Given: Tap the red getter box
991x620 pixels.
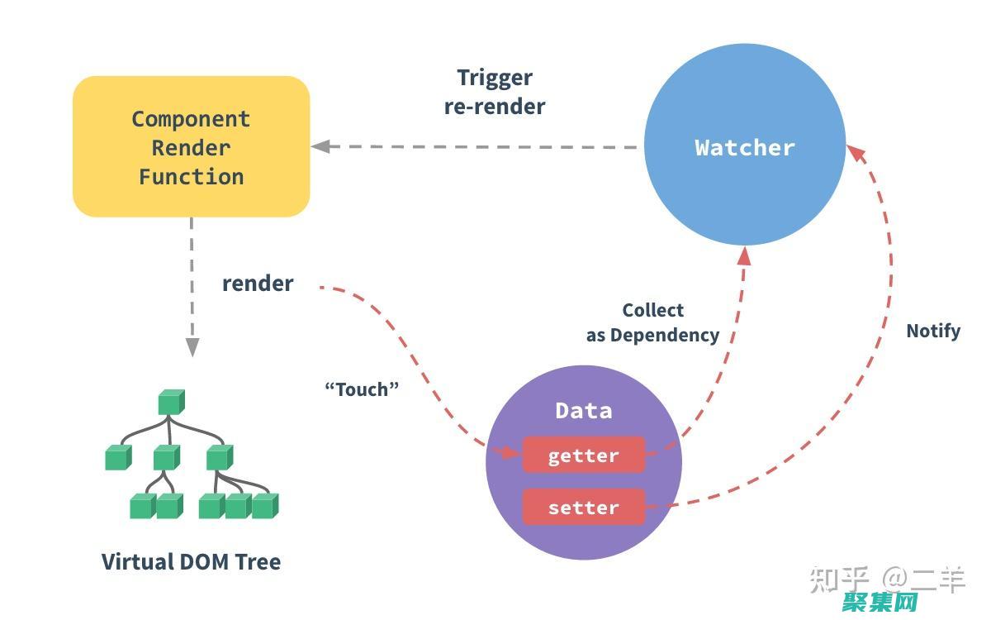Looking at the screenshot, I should pos(583,455).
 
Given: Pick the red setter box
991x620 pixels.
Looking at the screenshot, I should pos(583,507).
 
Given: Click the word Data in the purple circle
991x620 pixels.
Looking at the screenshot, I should pos(583,410).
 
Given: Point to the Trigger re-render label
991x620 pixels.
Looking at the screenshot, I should pos(495,92).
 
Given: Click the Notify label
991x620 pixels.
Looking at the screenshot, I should pos(933,331).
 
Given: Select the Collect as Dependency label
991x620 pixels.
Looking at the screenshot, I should pos(652,322).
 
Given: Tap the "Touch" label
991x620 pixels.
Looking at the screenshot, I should pos(362,389).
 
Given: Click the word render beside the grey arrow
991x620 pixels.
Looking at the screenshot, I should pos(258,284).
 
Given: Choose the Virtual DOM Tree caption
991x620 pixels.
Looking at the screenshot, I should pos(191,561).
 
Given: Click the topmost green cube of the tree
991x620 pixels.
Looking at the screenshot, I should pos(171,402).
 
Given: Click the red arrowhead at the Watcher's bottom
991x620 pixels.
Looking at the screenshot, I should pos(744,255).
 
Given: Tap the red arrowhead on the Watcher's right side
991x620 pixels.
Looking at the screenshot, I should pos(856,153).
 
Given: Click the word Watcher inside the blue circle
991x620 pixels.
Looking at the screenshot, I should pos(744,148).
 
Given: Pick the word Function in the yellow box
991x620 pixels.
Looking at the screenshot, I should pos(191,176).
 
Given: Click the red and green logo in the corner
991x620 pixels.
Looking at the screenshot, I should pos(880,602).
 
